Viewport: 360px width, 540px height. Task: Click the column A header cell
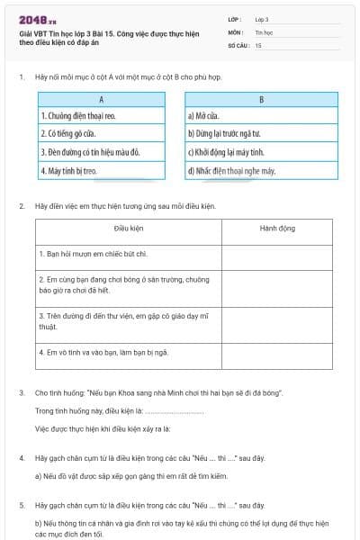tap(102, 100)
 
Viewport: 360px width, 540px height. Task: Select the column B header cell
tap(261, 100)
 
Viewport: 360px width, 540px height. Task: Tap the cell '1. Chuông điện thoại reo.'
tap(102, 116)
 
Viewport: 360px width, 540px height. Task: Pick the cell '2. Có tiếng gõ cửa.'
tap(102, 134)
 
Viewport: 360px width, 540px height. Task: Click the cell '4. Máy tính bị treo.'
tap(102, 169)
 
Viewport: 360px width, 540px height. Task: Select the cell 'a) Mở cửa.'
tap(261, 116)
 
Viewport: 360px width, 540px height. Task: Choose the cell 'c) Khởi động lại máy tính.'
tap(261, 152)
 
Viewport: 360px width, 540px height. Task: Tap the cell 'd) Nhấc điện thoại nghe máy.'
tap(261, 169)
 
